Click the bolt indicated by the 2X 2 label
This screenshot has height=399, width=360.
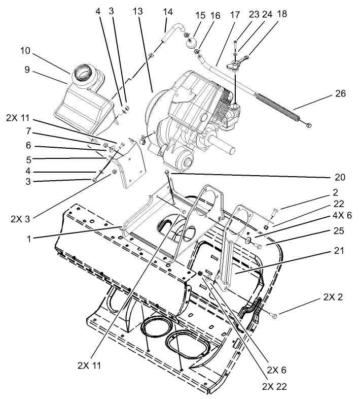coord(274,316)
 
